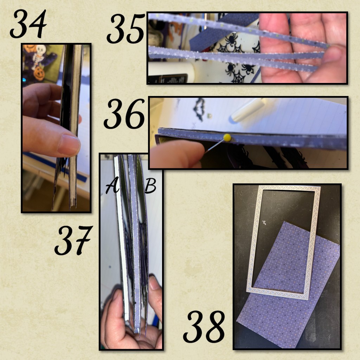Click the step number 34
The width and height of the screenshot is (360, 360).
point(28,24)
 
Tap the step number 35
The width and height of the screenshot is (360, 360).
point(126,28)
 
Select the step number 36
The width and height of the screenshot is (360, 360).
point(124,114)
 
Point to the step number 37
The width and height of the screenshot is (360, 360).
point(73,240)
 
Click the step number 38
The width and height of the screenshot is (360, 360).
point(204,327)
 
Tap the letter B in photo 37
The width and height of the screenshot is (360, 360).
point(150,186)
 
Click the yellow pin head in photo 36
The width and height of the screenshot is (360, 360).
point(227,137)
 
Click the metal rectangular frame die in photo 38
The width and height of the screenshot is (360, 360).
point(284,242)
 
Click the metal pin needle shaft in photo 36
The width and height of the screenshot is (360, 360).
point(215,146)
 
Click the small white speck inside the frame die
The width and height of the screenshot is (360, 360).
point(264,222)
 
